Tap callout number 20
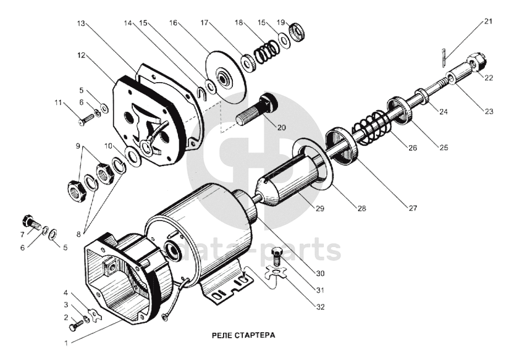point(281,128)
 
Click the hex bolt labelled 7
point(28,221)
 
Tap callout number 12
point(80,55)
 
